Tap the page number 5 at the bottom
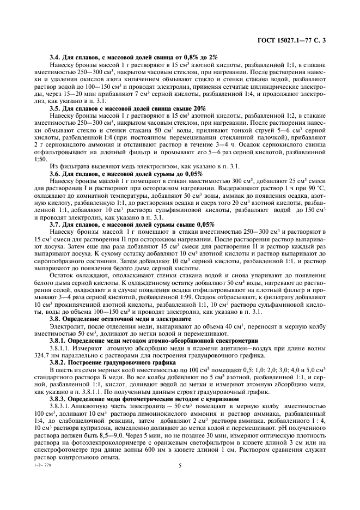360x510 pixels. [179, 466]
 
